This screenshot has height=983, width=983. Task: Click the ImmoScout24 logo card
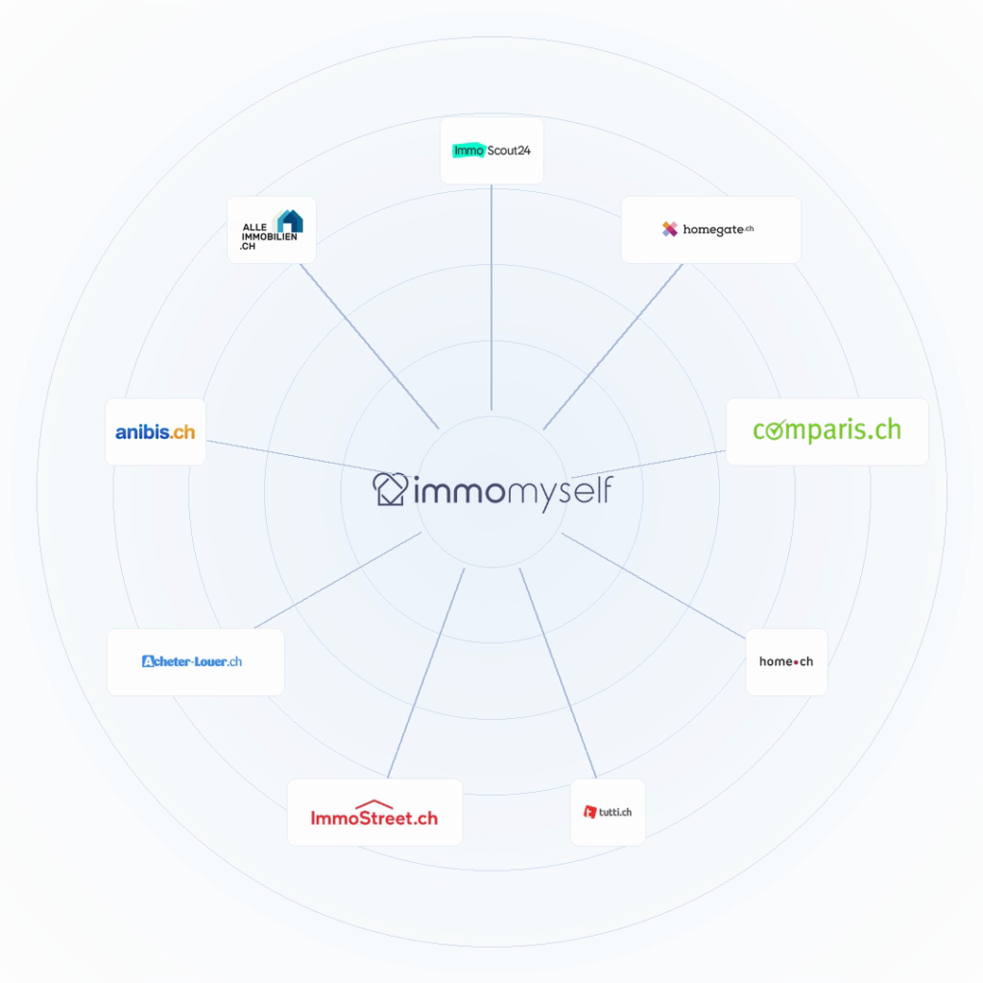491,151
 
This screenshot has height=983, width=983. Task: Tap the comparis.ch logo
827,431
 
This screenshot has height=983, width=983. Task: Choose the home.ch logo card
787,661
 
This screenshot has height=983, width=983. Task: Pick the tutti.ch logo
608,812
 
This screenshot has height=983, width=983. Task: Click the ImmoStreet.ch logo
375,812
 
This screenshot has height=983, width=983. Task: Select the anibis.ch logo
156,431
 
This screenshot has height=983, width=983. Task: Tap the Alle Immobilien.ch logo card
272,229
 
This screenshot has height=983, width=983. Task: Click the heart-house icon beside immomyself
390,489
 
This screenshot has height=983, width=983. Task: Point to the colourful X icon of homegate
669,229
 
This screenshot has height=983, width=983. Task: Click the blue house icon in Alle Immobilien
290,222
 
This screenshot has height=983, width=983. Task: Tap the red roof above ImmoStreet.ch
374,804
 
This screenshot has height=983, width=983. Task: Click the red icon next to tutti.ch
589,812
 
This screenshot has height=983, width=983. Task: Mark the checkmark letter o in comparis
776,430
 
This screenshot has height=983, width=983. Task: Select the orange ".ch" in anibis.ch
182,432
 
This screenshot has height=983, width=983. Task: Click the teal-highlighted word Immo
468,151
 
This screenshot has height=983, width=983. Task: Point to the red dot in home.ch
796,662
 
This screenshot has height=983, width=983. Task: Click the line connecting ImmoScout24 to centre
491,298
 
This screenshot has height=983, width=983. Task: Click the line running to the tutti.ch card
558,673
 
